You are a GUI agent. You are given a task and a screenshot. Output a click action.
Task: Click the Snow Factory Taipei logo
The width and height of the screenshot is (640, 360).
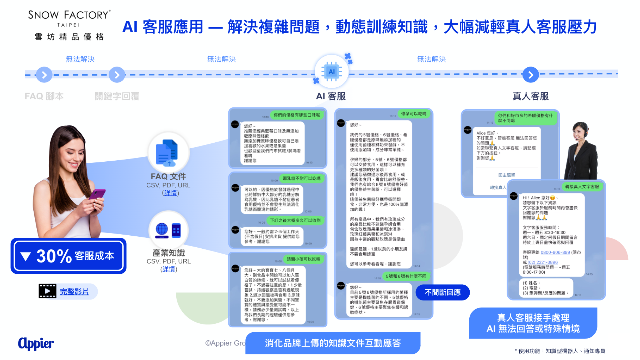pyautogui.click(x=69, y=25)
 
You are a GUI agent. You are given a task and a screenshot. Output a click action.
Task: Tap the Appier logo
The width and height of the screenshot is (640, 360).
pyautogui.click(x=36, y=343)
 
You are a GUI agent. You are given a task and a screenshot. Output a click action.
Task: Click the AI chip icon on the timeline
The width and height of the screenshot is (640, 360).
pyautogui.click(x=331, y=72)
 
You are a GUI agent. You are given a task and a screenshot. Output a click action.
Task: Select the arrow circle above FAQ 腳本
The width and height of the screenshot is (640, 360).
pyautogui.click(x=44, y=75)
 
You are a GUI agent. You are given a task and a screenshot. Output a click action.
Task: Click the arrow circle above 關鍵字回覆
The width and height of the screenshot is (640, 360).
pyautogui.click(x=117, y=75)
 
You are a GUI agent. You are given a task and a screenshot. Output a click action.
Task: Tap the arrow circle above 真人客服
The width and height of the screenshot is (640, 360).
pyautogui.click(x=531, y=75)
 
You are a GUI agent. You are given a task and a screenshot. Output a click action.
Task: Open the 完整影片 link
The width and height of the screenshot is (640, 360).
pyautogui.click(x=74, y=292)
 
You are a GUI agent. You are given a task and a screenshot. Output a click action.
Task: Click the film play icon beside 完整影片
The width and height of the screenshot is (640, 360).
pyautogui.click(x=47, y=291)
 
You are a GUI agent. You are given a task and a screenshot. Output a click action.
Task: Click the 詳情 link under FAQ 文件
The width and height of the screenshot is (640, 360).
pyautogui.click(x=170, y=193)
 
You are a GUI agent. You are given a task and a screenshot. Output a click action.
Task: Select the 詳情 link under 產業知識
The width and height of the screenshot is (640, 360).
pyautogui.click(x=169, y=269)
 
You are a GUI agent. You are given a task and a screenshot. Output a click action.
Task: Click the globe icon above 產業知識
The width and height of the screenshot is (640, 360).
pyautogui.click(x=162, y=230)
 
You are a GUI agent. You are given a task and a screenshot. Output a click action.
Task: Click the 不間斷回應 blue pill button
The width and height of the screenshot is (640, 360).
pyautogui.click(x=442, y=292)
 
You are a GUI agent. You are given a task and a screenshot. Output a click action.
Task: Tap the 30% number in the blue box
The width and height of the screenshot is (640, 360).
pyautogui.click(x=54, y=256)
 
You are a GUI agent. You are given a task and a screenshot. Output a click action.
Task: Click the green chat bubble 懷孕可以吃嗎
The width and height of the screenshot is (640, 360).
pyautogui.click(x=414, y=114)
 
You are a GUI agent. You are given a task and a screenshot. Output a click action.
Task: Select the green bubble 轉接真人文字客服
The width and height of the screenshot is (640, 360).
pyautogui.click(x=582, y=187)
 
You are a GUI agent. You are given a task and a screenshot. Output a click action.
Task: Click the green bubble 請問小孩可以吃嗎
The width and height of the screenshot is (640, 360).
pyautogui.click(x=303, y=259)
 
